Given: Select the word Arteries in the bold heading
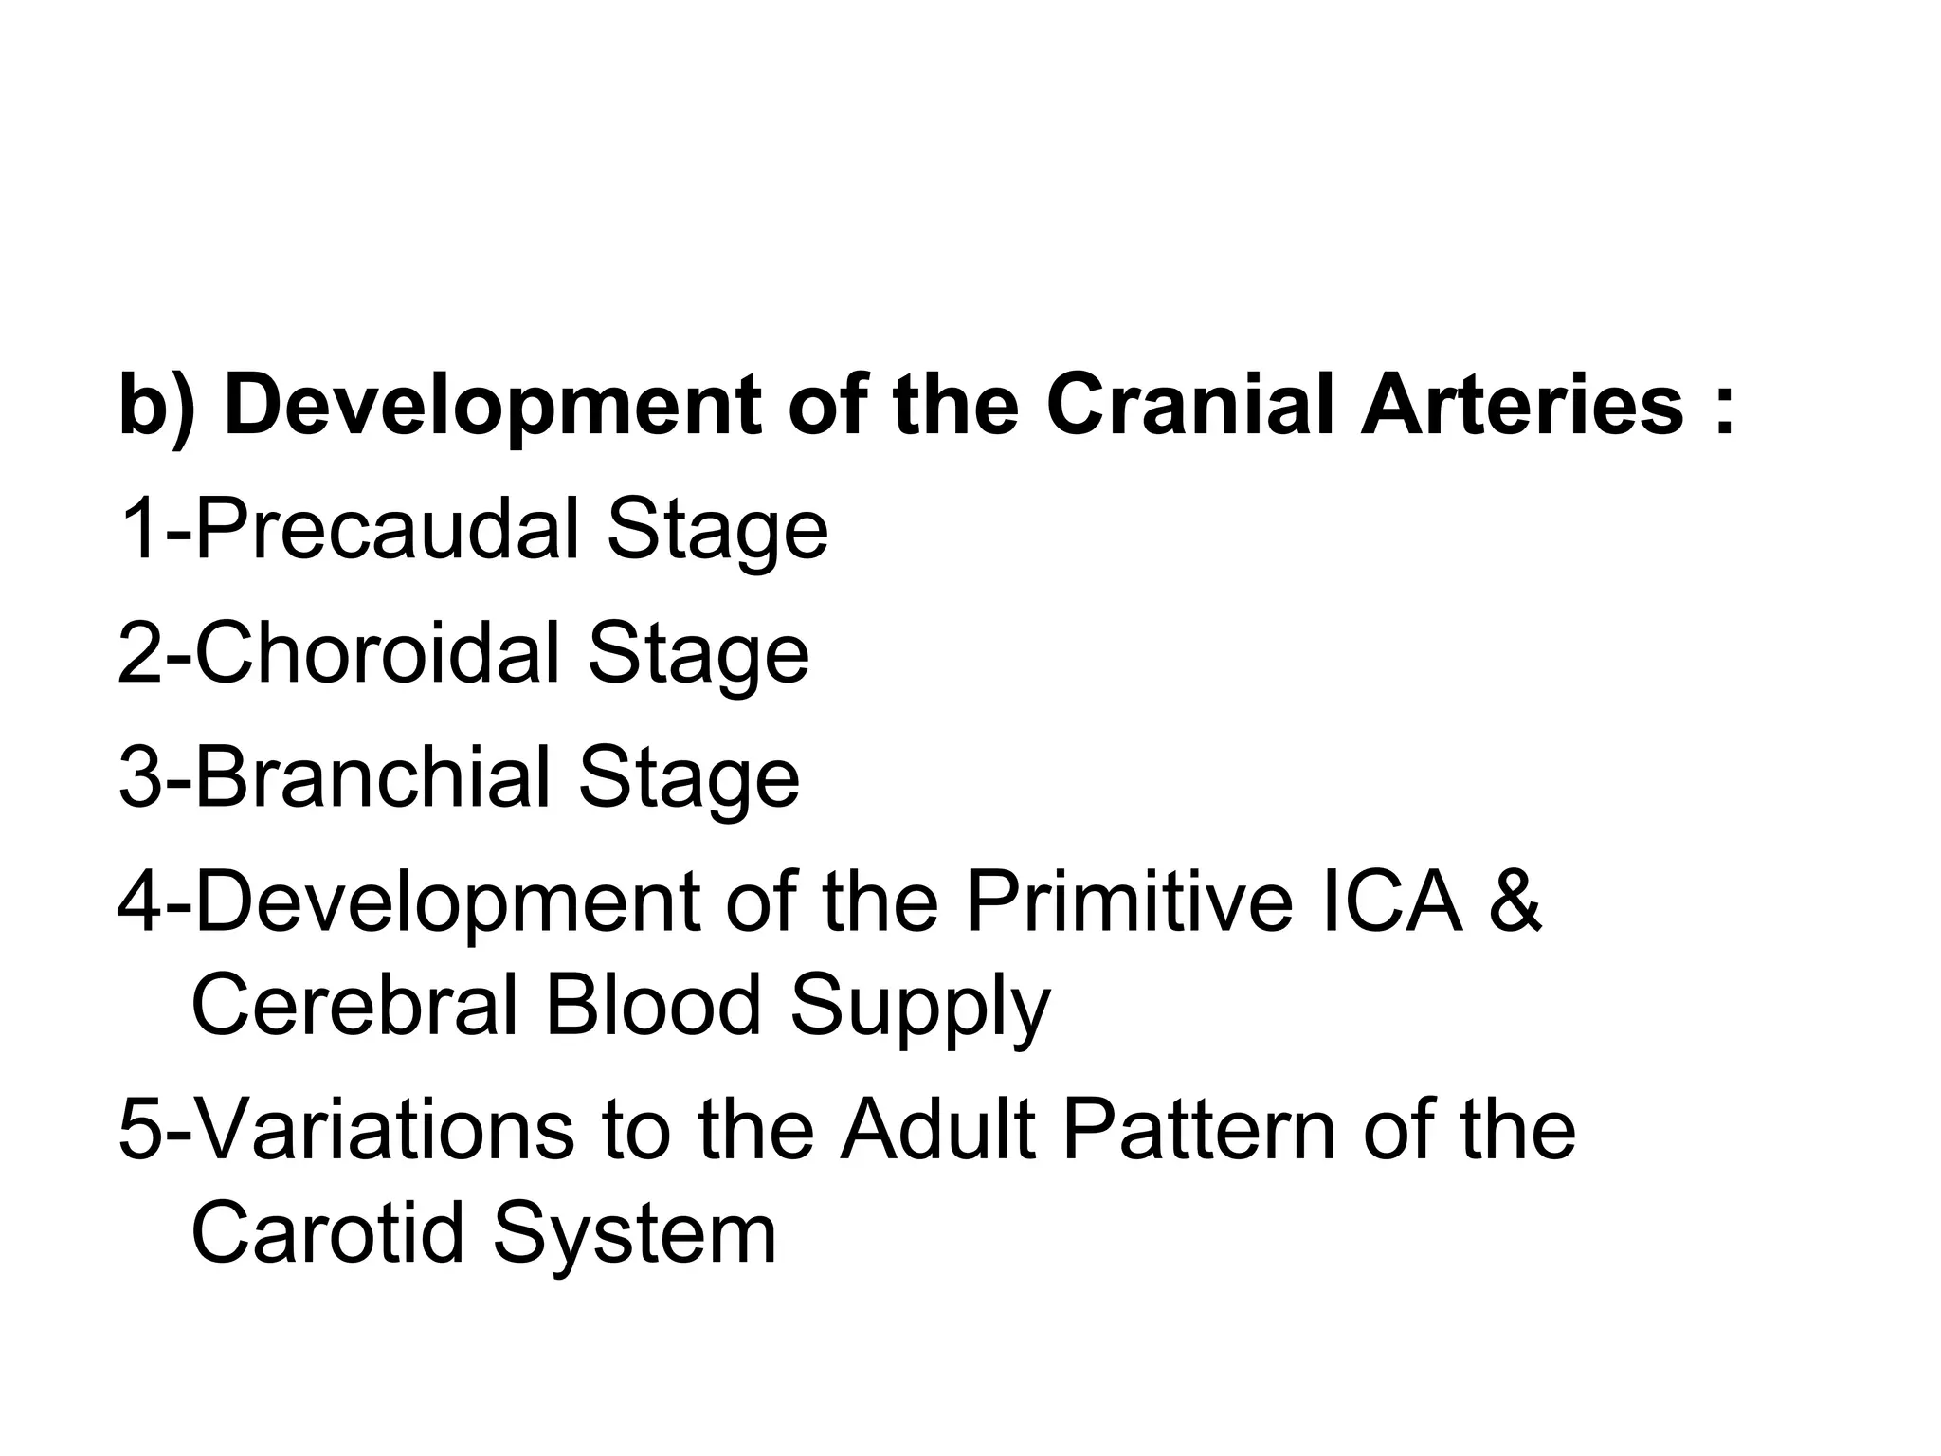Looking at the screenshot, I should (x=1522, y=405).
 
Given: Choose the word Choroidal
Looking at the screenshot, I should (x=377, y=653).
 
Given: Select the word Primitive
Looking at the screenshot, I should (x=1130, y=901).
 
